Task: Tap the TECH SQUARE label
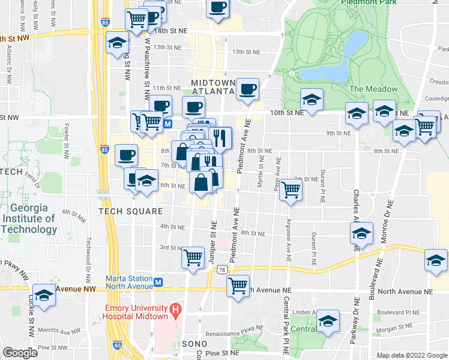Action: pos(131,211)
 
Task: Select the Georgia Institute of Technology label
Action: pos(28,219)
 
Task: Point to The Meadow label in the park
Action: pos(373,89)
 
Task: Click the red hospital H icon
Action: pos(175,310)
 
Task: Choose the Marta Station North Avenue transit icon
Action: pos(158,282)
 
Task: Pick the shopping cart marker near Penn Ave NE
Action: pos(291,190)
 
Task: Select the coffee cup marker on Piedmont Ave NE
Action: pos(247,90)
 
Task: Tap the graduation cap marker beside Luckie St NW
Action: pos(44,295)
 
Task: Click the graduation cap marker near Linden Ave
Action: pos(328,321)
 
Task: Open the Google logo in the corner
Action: pos(20,353)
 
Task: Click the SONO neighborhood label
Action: pos(193,344)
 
